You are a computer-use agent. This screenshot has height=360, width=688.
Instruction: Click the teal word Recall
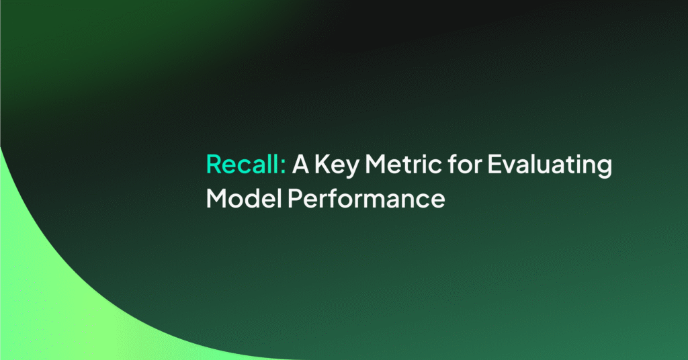click(x=243, y=164)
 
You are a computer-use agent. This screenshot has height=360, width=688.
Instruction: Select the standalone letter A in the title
click(x=300, y=165)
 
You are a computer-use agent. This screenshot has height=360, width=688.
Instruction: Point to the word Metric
click(x=404, y=165)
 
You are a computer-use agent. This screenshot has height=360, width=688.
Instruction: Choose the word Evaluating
click(x=550, y=166)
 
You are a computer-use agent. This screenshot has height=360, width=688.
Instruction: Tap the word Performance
click(x=366, y=198)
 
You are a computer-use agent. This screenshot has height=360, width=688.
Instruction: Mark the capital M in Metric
click(x=376, y=165)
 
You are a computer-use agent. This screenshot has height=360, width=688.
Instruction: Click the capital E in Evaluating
click(x=494, y=165)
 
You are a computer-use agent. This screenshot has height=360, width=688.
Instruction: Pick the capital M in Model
click(x=217, y=199)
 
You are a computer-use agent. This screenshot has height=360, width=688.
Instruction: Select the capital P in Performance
click(x=295, y=199)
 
